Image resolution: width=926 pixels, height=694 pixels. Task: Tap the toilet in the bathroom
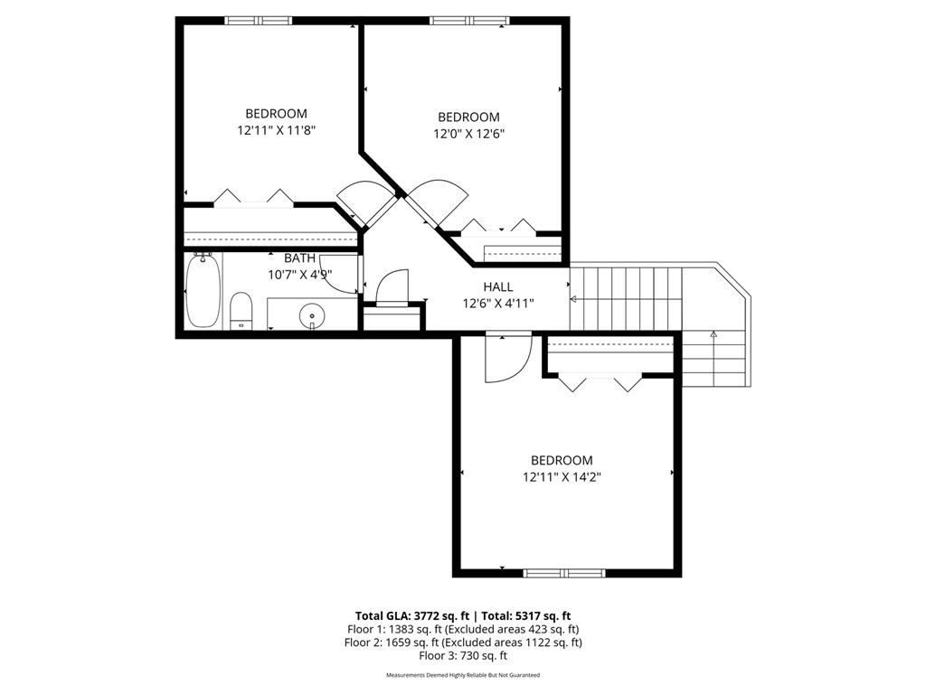pyautogui.click(x=241, y=311)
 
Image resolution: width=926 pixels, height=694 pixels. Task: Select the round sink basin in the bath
pyautogui.click(x=312, y=316)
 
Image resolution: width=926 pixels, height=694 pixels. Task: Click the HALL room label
pyautogui.click(x=497, y=286)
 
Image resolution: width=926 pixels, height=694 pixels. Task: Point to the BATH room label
pyautogui.click(x=300, y=258)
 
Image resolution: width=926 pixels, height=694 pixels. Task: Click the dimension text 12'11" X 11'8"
pyautogui.click(x=276, y=130)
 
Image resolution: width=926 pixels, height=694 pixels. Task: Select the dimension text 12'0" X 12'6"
pyautogui.click(x=468, y=134)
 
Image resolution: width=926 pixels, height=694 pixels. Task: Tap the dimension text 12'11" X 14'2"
pyautogui.click(x=562, y=476)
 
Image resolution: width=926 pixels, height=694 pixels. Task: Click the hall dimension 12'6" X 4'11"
pyautogui.click(x=497, y=303)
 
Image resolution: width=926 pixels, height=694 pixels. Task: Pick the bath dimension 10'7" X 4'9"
pyautogui.click(x=300, y=275)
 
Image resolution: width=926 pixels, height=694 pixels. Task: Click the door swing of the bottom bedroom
pyautogui.click(x=505, y=359)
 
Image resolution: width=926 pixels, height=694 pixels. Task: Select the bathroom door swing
pyautogui.click(x=340, y=275)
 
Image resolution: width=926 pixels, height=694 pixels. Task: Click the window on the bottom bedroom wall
pyautogui.click(x=564, y=572)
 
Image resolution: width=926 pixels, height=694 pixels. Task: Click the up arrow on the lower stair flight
pyautogui.click(x=713, y=335)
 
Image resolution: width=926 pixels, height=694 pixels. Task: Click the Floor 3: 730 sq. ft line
pyautogui.click(x=462, y=656)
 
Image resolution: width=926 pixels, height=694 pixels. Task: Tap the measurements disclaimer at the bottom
pyautogui.click(x=462, y=675)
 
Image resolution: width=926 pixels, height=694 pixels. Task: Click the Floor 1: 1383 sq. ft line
pyautogui.click(x=462, y=629)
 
